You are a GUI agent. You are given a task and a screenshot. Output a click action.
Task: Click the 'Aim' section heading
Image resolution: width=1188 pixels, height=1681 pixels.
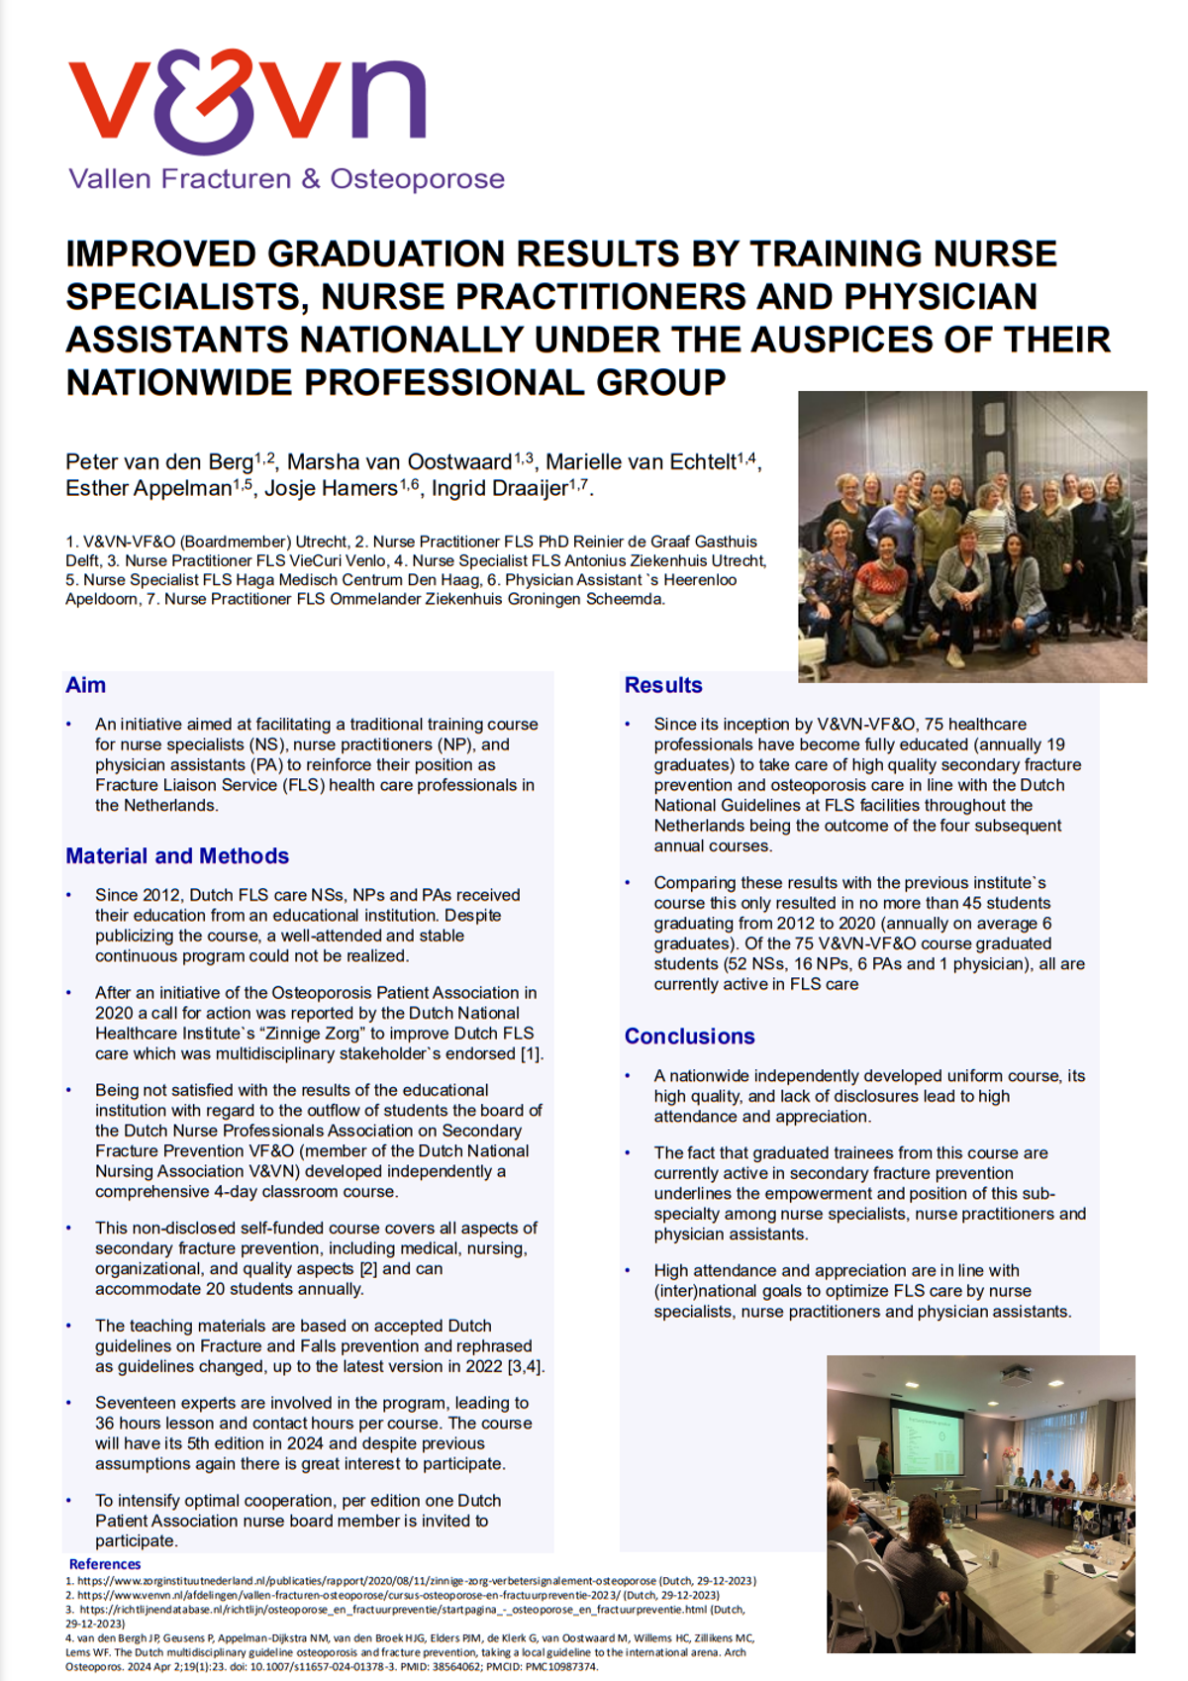point(86,685)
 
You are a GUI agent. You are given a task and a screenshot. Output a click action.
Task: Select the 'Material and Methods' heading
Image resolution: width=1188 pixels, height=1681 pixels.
point(177,856)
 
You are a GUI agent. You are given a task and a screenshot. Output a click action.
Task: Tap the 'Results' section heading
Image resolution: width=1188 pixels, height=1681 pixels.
point(663,685)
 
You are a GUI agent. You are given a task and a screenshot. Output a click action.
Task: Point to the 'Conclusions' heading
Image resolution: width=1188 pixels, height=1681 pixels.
point(689,1037)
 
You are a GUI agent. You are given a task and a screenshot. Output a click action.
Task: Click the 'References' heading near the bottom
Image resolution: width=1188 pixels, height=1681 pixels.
point(105,1564)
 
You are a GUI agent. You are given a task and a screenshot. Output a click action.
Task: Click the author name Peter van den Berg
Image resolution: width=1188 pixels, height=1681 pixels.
point(159,462)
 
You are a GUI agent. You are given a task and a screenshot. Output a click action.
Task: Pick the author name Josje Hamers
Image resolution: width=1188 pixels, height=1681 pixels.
point(331,488)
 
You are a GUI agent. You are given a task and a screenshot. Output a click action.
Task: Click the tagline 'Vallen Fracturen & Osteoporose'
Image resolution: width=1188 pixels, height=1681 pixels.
point(286,179)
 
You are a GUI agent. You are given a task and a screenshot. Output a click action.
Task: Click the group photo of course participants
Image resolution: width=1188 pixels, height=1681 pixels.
point(972,537)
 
